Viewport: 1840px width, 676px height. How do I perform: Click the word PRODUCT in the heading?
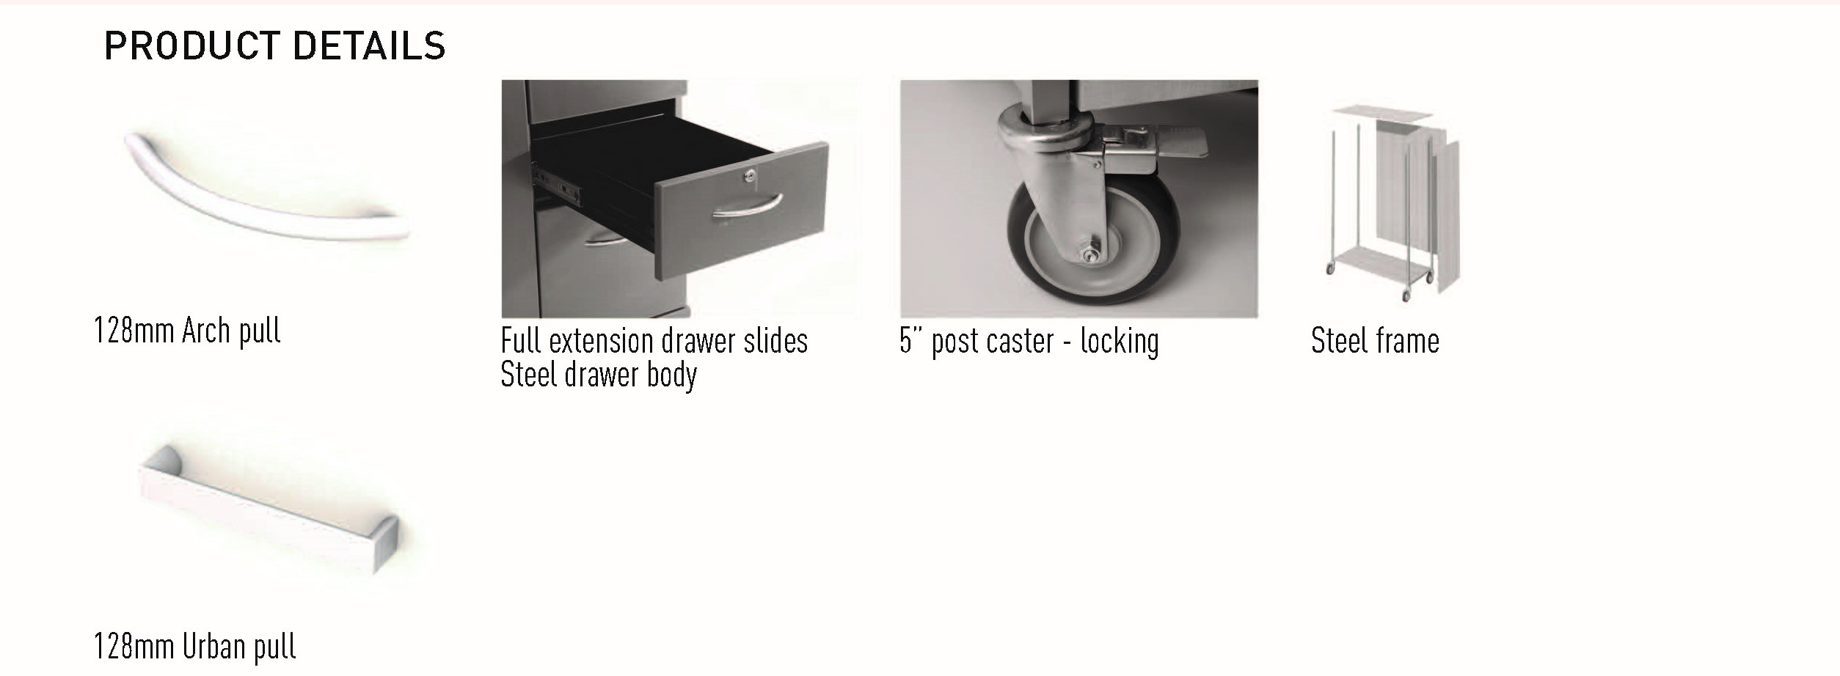pos(191,45)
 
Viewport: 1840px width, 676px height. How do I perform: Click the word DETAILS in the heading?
pos(369,45)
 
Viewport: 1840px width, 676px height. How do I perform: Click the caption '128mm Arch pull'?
pos(187,331)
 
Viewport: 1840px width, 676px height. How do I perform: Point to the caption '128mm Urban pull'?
pos(194,647)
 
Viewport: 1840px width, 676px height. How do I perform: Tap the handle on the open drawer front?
pos(747,205)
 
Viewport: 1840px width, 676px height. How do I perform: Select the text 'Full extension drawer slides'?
pos(654,341)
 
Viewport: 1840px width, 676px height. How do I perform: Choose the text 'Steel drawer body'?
pos(599,375)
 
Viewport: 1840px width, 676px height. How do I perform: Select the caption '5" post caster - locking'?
pos(1029,341)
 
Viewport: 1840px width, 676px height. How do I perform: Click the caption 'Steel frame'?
pos(1375,341)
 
